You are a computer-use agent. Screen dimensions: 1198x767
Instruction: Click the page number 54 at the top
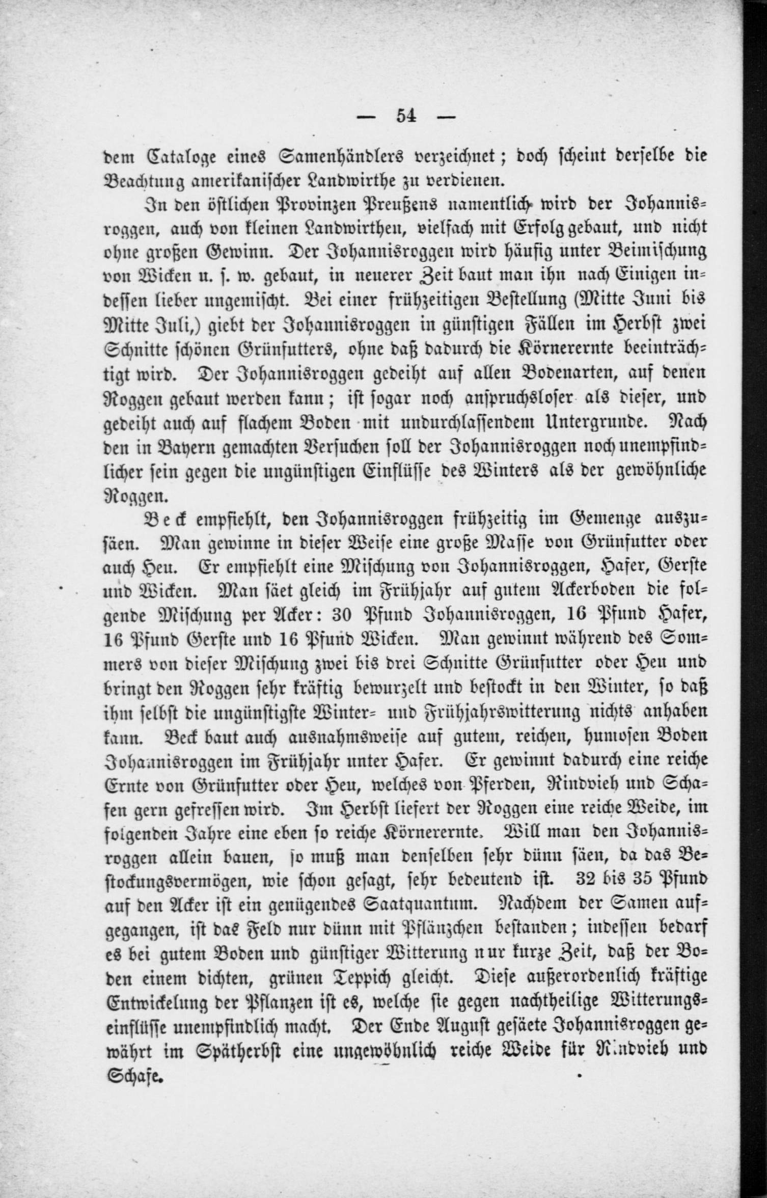(406, 117)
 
